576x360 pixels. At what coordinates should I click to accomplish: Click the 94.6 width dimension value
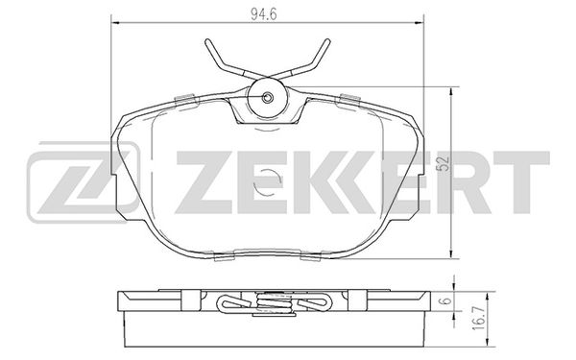coord(263,14)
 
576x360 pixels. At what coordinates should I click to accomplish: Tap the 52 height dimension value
coord(444,163)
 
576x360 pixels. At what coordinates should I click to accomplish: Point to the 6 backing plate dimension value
coord(446,300)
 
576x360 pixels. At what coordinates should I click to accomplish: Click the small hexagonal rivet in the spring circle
coord(268,97)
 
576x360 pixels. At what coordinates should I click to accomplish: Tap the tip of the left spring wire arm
coord(207,40)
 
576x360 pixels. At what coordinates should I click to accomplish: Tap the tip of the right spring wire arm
coord(327,40)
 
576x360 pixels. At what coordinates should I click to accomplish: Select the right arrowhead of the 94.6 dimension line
coord(420,23)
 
